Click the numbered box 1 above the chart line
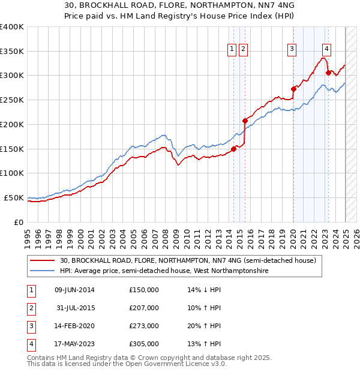click(x=232, y=50)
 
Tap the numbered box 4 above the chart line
click(x=326, y=50)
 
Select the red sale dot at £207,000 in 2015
click(x=245, y=121)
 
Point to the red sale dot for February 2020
click(x=293, y=89)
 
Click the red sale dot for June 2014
click(x=233, y=149)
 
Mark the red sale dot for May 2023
click(x=328, y=73)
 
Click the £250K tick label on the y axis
click(x=12, y=100)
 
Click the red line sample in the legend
click(x=43, y=260)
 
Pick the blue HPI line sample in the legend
click(x=43, y=271)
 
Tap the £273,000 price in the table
click(x=144, y=326)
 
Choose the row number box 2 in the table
click(x=30, y=308)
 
